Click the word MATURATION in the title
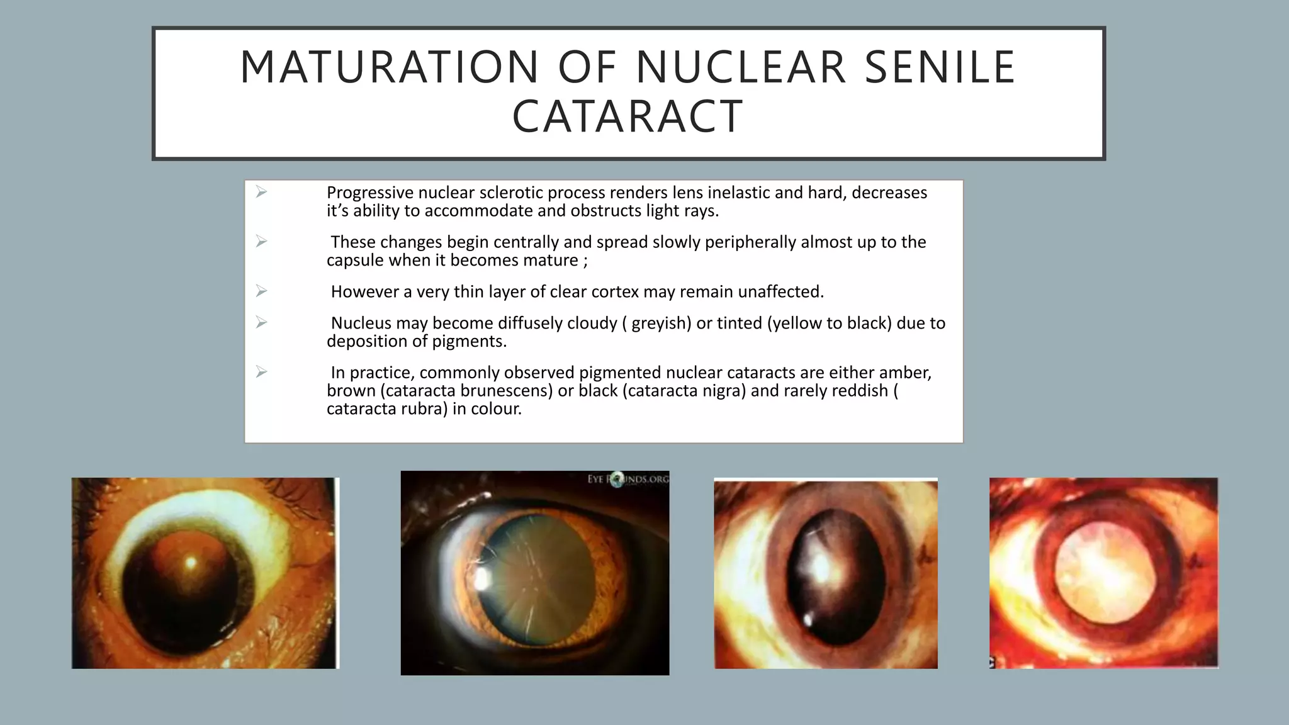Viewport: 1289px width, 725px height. click(x=389, y=67)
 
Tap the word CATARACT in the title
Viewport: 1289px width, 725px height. click(x=628, y=117)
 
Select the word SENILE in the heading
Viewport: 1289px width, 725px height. click(x=940, y=67)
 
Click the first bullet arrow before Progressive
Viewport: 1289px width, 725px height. click(x=262, y=192)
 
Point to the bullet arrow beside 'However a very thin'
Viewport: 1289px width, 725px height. click(x=262, y=291)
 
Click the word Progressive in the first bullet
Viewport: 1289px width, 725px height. click(x=369, y=193)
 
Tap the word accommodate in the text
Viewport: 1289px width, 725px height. click(x=478, y=211)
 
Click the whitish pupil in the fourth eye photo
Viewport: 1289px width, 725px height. click(x=1102, y=573)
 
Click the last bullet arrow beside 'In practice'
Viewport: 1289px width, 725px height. click(x=262, y=372)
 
